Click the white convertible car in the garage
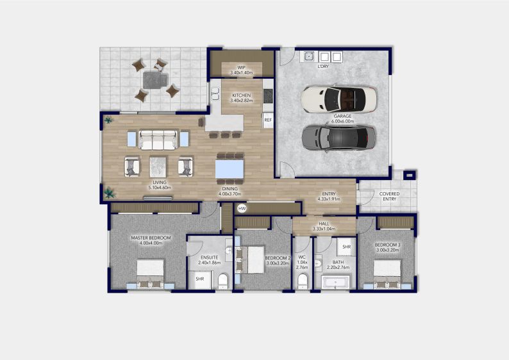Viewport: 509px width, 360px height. tap(338, 99)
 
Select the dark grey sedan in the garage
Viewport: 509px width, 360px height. tap(338, 136)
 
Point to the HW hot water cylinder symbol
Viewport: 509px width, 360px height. tap(242, 209)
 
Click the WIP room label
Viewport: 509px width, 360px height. tap(242, 66)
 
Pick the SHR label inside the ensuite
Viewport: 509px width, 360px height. tap(199, 279)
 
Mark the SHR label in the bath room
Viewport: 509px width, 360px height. tap(346, 247)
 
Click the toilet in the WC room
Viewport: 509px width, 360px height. tap(302, 281)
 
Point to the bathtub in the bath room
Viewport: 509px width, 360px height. tap(335, 282)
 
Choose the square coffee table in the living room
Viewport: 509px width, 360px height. tap(158, 167)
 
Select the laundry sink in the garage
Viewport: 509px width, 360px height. tap(308, 56)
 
